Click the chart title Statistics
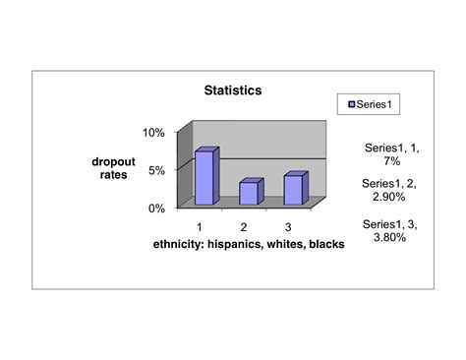(x=232, y=90)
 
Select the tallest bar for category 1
(x=204, y=177)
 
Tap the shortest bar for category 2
(x=249, y=193)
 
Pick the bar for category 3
(x=293, y=189)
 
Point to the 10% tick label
(x=155, y=132)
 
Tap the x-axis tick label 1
(x=199, y=227)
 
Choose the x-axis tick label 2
(x=244, y=227)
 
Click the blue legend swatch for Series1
(x=347, y=103)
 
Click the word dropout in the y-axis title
(x=115, y=160)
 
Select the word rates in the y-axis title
(x=115, y=174)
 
